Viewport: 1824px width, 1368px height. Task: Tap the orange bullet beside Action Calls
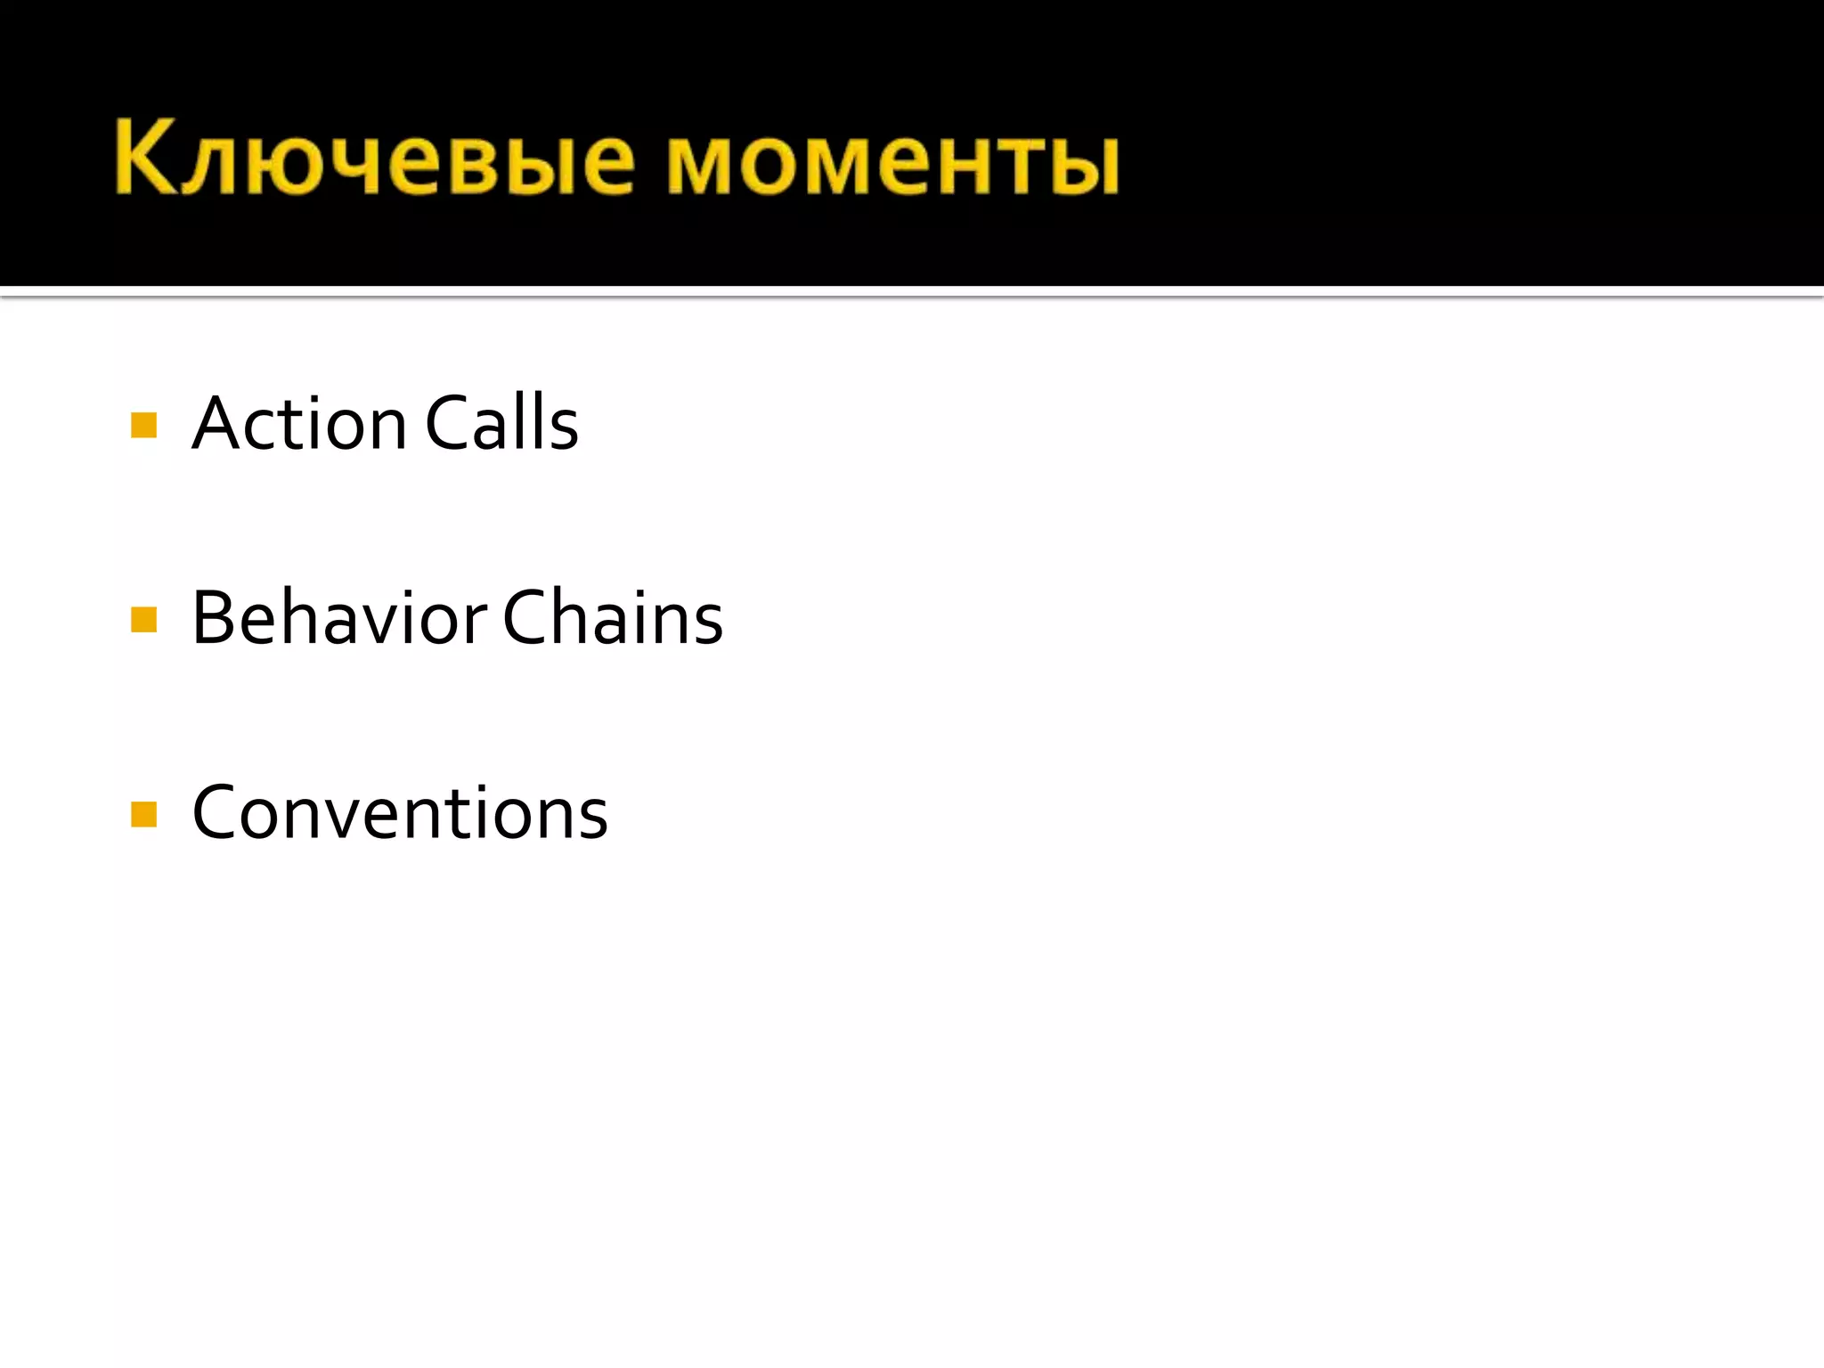(x=143, y=425)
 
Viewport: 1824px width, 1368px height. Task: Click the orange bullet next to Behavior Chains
(x=143, y=619)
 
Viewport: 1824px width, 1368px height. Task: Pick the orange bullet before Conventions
(x=143, y=814)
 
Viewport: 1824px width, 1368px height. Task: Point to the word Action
(x=299, y=424)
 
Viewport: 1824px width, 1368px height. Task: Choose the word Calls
(x=501, y=424)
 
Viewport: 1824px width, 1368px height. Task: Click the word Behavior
(x=339, y=618)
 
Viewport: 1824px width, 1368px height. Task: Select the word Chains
(x=613, y=618)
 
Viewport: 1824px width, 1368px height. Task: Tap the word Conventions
(x=400, y=813)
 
